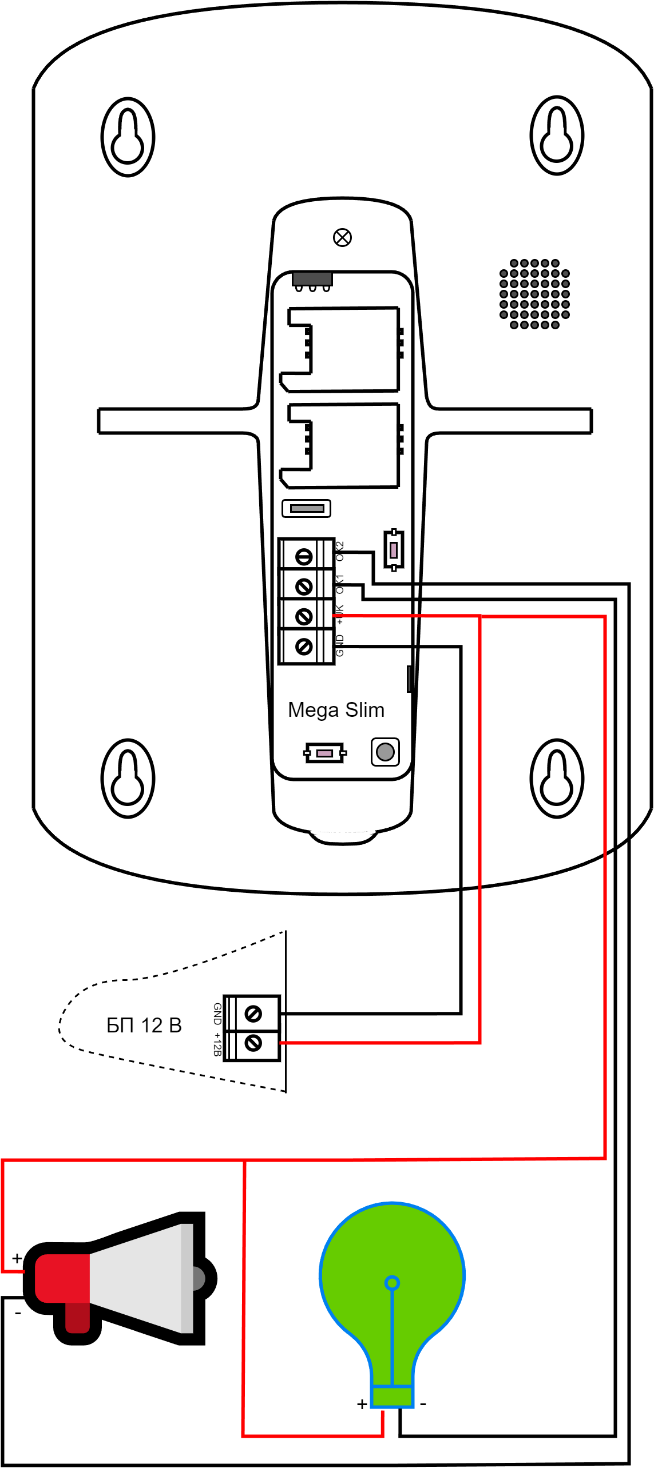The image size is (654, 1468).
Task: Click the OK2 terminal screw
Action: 304,556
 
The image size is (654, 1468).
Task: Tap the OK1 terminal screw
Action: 304,586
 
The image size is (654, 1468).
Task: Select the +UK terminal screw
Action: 304,616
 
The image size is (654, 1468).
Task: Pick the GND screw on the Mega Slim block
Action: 304,646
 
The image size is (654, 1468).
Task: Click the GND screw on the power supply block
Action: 253,1014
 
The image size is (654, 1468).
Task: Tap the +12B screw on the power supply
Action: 253,1043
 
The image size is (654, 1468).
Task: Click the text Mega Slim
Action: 336,710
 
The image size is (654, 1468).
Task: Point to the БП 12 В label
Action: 144,1025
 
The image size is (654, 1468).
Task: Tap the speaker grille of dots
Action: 534,294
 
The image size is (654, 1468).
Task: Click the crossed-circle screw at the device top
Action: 342,237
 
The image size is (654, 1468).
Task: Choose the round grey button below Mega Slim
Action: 385,752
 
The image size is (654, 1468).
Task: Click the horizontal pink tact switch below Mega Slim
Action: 324,753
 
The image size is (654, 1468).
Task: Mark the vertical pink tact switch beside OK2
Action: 394,550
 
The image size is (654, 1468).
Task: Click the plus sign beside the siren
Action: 17,1258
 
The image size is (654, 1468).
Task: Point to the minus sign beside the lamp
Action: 423,1404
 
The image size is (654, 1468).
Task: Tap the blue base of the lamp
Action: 393,1397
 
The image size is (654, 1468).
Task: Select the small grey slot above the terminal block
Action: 307,508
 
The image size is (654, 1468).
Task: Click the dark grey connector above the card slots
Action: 312,279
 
